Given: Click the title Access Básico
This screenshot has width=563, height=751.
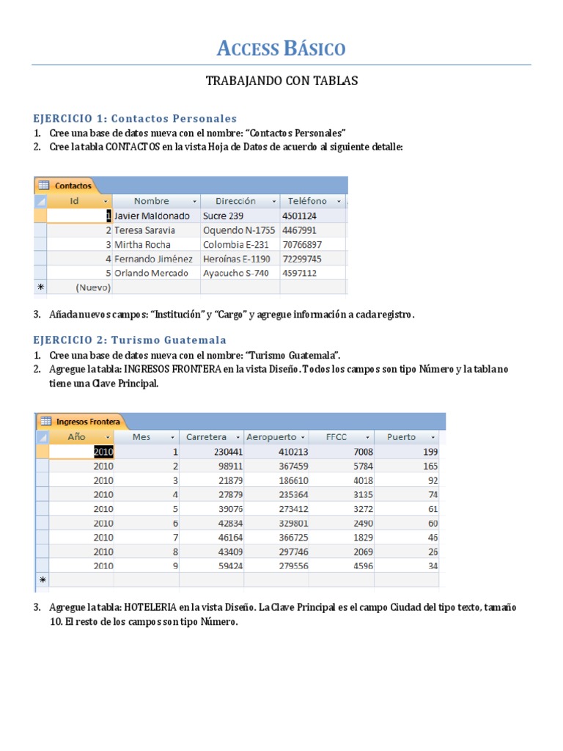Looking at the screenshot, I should pos(281,49).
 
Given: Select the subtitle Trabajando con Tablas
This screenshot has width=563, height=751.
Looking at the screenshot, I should pos(281,81).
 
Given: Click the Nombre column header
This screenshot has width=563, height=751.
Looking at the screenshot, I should pos(152,201).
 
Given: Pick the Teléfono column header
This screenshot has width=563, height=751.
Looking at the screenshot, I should pos(307,201).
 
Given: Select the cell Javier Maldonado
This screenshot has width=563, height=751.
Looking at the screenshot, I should pos(152,216).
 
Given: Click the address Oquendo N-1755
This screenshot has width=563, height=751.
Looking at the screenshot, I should pos(239,230).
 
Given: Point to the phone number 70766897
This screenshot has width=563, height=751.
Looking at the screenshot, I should pos(301,244).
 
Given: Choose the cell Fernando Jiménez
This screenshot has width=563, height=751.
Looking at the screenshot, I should pos(154,259).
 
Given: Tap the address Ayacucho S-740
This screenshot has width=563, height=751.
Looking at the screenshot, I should pos(236,273).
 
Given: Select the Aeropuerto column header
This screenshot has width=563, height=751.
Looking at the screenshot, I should pos(271,437).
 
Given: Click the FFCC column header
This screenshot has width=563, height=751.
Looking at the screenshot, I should pos(337,437).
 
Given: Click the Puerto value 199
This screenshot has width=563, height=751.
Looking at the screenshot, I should pos(430,452).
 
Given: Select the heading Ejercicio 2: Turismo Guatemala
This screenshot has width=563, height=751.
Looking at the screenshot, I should pos(130,340).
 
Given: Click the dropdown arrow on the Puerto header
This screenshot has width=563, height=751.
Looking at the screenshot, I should pos(433,437).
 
